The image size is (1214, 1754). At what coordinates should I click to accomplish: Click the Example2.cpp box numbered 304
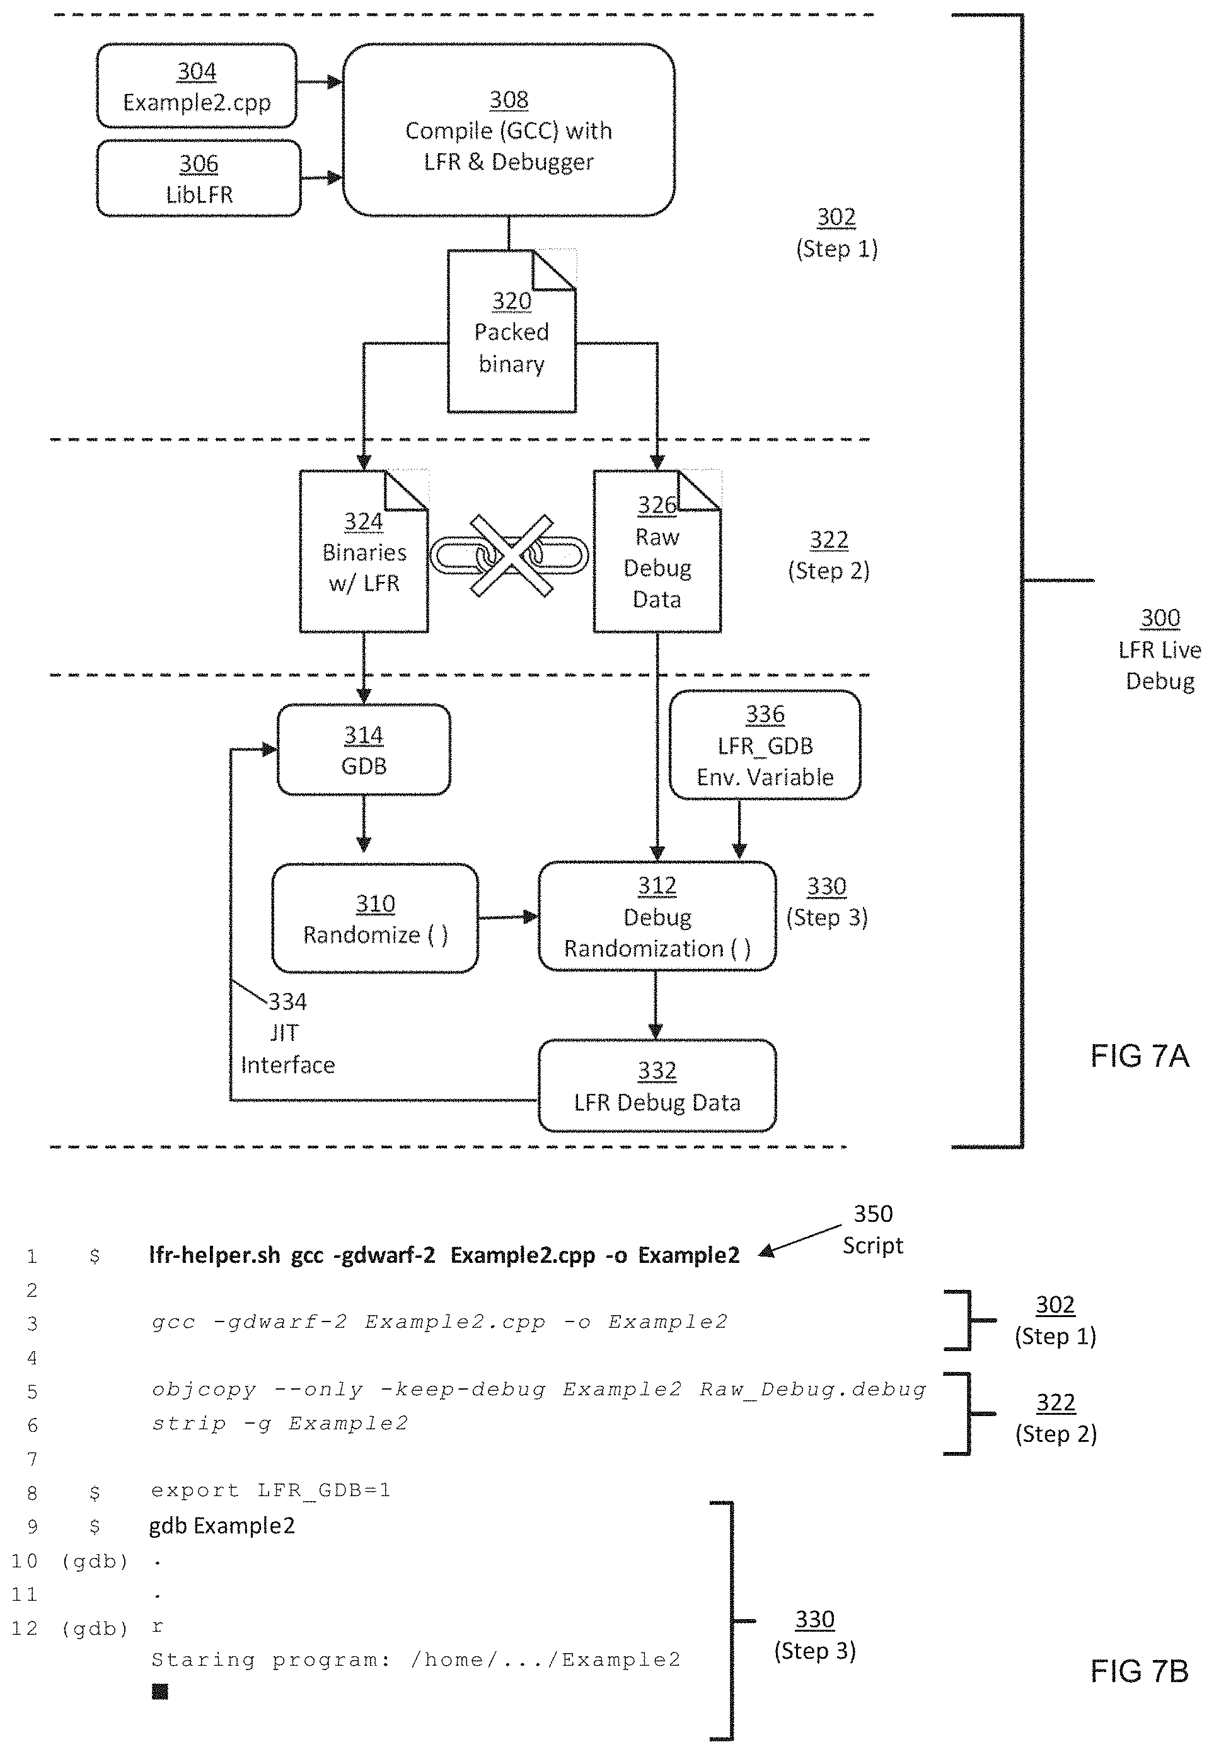(196, 86)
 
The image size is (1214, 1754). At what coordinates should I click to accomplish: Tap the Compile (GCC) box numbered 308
(508, 130)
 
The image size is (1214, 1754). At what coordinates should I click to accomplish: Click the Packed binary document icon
(511, 332)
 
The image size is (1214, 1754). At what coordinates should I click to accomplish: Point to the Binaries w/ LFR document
(364, 552)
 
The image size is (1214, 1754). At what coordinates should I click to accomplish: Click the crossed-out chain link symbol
(510, 555)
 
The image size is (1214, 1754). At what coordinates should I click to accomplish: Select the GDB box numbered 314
(364, 750)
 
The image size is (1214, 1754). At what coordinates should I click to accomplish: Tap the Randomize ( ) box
(375, 919)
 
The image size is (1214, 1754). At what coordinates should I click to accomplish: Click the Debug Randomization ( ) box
(656, 917)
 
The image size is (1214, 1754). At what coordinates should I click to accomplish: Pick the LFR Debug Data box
(656, 1086)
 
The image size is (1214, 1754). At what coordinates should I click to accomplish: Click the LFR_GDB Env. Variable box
(765, 745)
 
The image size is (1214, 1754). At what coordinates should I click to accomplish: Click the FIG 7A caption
(1139, 1056)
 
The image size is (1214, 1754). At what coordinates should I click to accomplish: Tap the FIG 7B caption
(1139, 1672)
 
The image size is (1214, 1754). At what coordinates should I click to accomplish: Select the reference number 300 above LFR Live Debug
(1160, 618)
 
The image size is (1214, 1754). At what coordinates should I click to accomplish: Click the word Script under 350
(872, 1246)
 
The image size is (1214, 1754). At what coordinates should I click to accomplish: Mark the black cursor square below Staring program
(159, 1692)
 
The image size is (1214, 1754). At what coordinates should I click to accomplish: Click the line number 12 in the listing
(25, 1629)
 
